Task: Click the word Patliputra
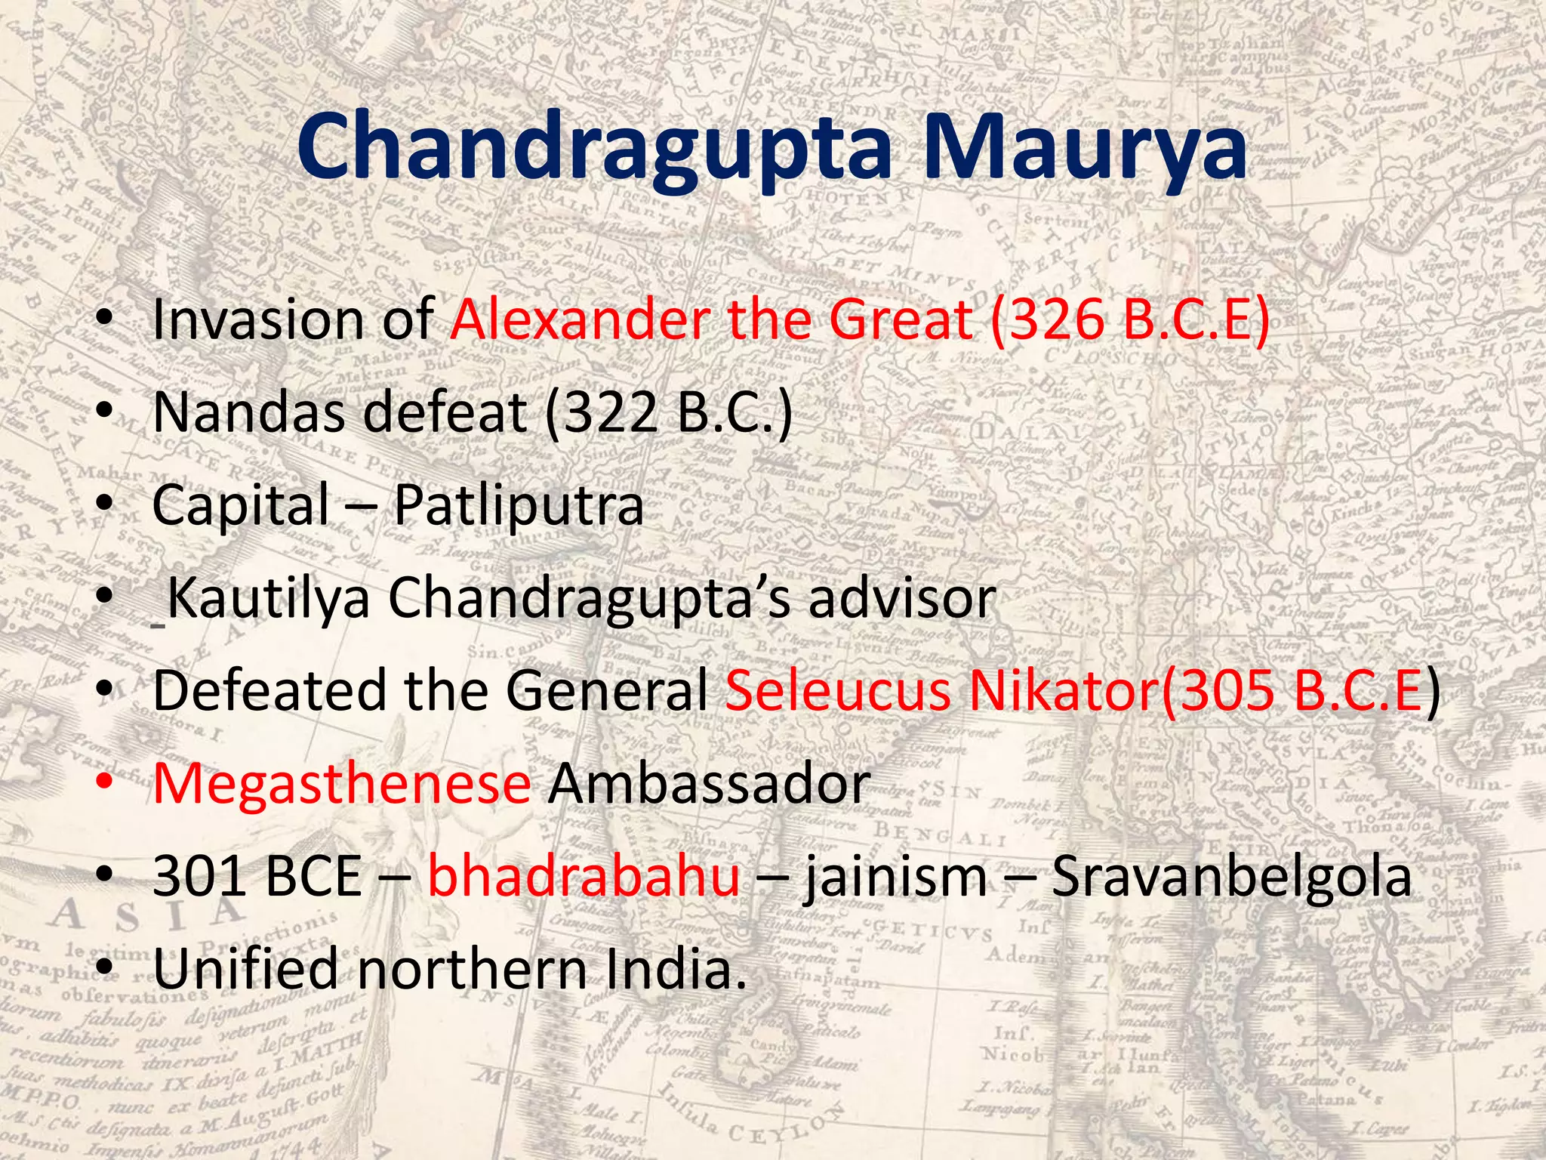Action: [519, 505]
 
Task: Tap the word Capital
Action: [241, 505]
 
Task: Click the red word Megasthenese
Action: [342, 784]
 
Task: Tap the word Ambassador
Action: [709, 784]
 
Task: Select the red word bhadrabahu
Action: [584, 877]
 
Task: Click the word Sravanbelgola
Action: [1231, 877]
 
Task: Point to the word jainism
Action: [895, 877]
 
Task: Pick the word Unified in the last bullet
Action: [246, 970]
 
